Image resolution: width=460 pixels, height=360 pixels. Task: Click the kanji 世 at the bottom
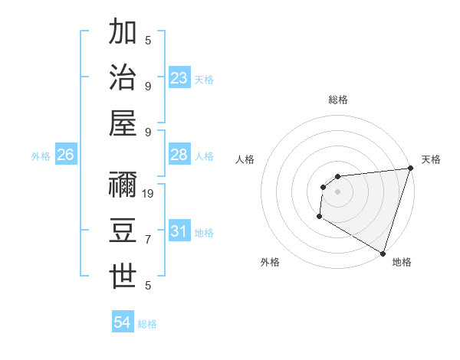(123, 276)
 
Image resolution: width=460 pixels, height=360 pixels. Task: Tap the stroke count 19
(149, 194)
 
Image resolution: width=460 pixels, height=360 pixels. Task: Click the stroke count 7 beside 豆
(148, 240)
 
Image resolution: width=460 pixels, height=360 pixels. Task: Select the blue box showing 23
(179, 77)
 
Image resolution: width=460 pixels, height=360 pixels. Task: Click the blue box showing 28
(179, 155)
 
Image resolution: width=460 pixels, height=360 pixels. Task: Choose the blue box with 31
(179, 231)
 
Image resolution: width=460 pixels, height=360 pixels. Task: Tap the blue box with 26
(65, 155)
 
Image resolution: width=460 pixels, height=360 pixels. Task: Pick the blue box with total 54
(123, 322)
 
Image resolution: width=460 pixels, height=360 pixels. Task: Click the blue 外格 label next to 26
(41, 156)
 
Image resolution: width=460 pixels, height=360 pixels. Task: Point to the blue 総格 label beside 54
(147, 324)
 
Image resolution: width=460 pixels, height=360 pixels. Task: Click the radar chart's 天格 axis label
(431, 159)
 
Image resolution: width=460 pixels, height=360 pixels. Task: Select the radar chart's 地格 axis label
(402, 262)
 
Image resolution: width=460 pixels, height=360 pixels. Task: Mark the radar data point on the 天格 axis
(410, 168)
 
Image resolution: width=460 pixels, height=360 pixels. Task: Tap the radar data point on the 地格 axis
(383, 254)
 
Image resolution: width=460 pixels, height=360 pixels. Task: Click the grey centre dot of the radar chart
(337, 191)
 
